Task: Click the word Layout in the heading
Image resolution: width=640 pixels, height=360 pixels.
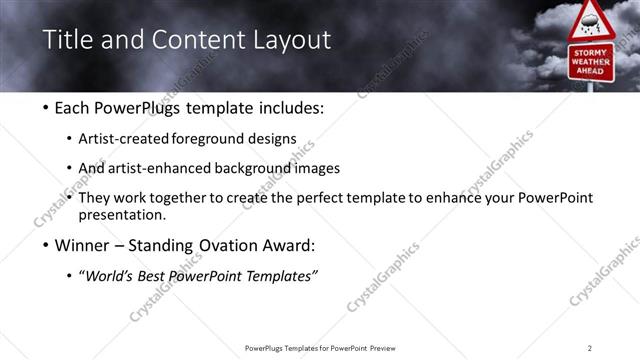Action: click(x=290, y=40)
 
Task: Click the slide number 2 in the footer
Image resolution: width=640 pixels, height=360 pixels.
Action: click(x=589, y=348)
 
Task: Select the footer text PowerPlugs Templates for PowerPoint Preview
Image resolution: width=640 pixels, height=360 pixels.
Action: click(x=319, y=348)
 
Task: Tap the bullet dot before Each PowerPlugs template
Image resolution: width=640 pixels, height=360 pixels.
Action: click(x=46, y=108)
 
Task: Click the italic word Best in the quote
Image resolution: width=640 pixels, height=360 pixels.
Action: click(x=154, y=276)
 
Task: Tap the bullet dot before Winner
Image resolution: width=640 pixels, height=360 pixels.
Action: click(x=46, y=245)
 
